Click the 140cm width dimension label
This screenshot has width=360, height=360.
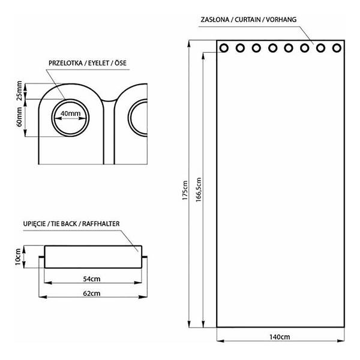coord(280,337)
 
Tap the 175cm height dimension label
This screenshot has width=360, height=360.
coord(185,190)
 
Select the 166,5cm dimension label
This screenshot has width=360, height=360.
coord(199,190)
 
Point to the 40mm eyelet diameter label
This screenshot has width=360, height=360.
coord(70,113)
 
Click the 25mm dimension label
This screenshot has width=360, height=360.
coord(20,91)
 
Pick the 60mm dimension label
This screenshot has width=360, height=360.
coord(19,116)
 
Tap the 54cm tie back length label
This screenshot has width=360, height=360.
coord(92,279)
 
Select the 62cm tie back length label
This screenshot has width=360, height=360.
coord(92,293)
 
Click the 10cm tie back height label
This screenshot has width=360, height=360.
coord(18,257)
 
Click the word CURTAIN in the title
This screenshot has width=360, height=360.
coord(248,20)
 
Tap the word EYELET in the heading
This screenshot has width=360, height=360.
coord(98,63)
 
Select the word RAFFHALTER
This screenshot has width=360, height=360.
coord(101,224)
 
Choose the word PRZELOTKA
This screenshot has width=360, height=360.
coord(65,63)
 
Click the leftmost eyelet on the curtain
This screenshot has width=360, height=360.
coord(224,48)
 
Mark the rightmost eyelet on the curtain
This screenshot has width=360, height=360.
coord(337,48)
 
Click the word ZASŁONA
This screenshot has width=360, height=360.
coord(215,20)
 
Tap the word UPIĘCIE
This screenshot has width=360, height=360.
coord(34,224)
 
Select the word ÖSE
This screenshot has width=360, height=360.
coord(121,63)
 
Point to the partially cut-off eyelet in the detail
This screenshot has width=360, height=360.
coord(138,118)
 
